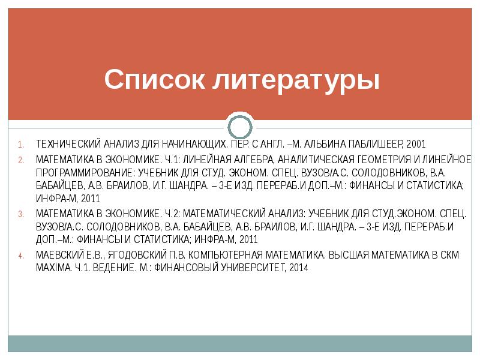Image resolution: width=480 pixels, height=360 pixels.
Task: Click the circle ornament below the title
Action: point(239,127)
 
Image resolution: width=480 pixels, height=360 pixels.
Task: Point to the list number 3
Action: point(20,214)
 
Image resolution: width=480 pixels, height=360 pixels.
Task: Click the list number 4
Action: point(20,256)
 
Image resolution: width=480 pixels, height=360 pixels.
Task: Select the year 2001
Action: point(416,145)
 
